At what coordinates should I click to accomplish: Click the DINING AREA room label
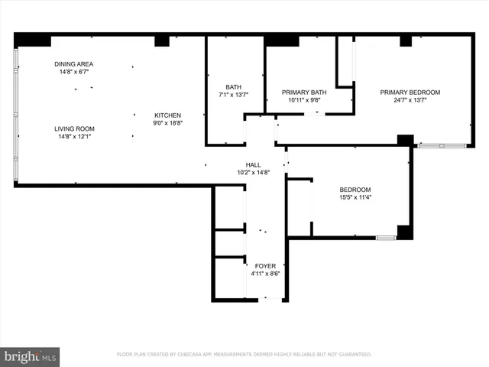74,64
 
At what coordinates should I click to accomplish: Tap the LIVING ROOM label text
74,128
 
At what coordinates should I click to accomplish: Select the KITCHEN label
168,115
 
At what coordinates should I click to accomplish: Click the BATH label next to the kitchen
233,86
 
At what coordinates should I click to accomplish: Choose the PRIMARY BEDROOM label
410,92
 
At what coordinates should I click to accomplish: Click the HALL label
253,165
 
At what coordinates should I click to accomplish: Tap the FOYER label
265,266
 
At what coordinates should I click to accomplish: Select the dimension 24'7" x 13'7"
410,99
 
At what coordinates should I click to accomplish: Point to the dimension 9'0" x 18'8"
168,122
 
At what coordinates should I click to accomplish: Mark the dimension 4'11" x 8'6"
265,274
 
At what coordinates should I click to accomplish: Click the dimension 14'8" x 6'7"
74,72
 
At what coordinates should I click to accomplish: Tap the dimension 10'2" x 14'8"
253,173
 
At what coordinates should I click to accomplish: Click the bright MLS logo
31,356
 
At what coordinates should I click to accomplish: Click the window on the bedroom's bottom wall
385,238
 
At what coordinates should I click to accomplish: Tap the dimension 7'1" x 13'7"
233,94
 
